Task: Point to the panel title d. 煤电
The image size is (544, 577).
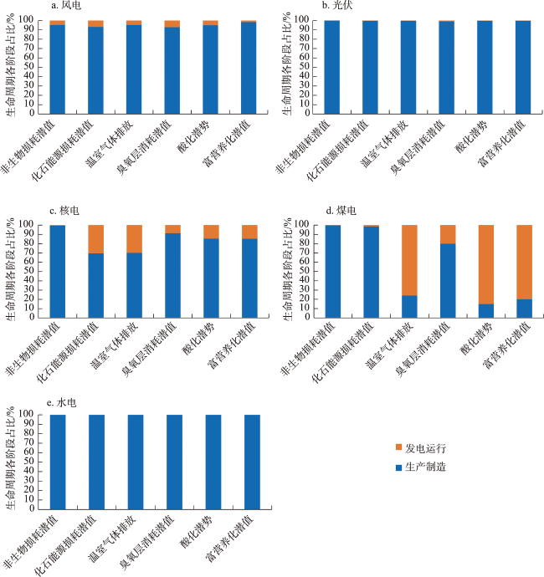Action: click(x=341, y=211)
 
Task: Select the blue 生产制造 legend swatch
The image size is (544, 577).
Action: click(x=398, y=467)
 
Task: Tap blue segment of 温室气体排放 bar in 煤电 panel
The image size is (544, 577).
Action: click(x=409, y=306)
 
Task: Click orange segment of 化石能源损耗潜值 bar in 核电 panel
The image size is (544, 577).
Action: click(x=95, y=238)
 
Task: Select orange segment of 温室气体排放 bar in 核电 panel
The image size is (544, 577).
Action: click(x=134, y=238)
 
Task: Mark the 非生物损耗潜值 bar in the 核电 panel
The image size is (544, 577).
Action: click(x=57, y=271)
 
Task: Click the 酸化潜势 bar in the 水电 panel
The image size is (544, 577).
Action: click(x=213, y=460)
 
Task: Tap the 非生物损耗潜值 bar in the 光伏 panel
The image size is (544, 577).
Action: click(x=331, y=67)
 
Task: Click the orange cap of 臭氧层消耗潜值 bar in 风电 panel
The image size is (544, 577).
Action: click(x=172, y=23)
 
